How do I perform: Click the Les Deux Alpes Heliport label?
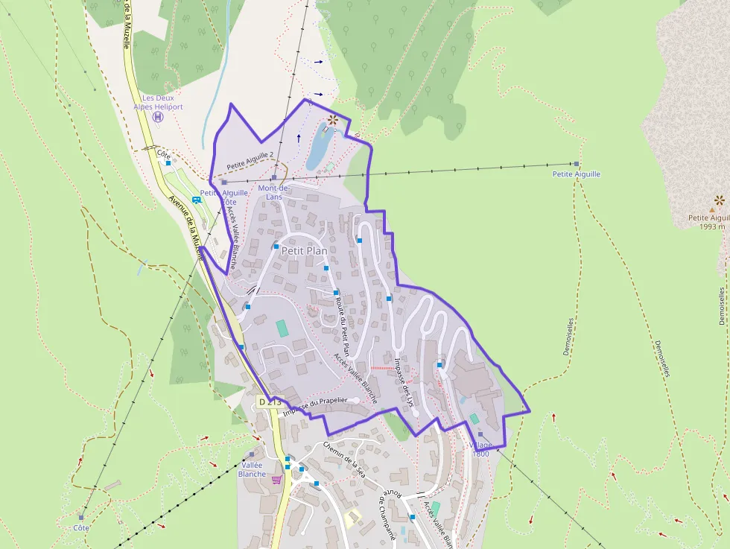pyautogui.click(x=162, y=102)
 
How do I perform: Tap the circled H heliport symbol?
pyautogui.click(x=158, y=116)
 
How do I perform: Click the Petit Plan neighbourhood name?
pyautogui.click(x=304, y=251)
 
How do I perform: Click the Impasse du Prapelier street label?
pyautogui.click(x=316, y=403)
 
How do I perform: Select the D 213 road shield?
pyautogui.click(x=269, y=402)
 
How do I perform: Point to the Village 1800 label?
pyautogui.click(x=480, y=449)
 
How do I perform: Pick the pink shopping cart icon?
pyautogui.click(x=277, y=480)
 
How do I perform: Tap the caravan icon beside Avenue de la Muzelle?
pyautogui.click(x=197, y=200)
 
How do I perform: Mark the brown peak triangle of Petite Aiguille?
pyautogui.click(x=712, y=210)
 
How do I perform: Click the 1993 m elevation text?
pyautogui.click(x=712, y=227)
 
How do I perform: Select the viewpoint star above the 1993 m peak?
pyautogui.click(x=719, y=200)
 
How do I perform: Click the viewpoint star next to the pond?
pyautogui.click(x=332, y=119)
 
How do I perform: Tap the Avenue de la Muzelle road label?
pyautogui.click(x=187, y=227)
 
